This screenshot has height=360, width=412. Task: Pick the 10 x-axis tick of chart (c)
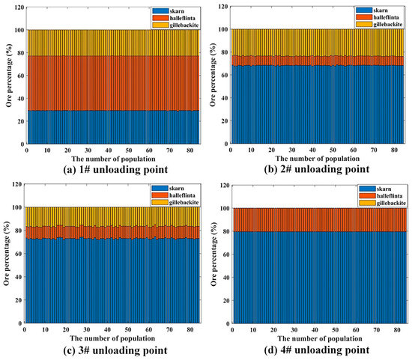coord(42,328)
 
